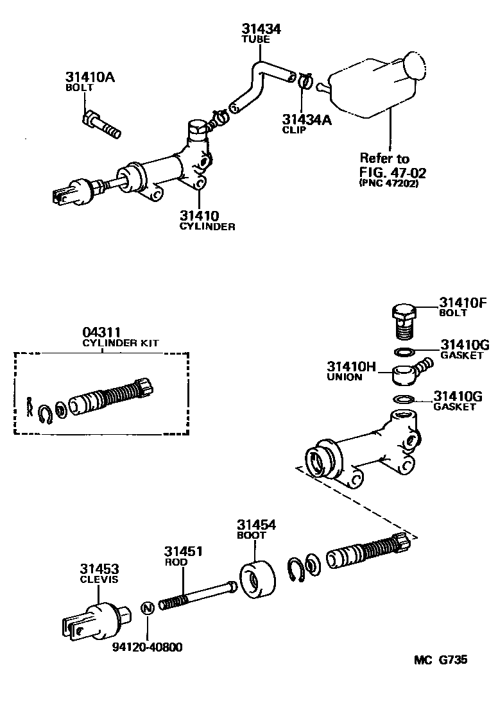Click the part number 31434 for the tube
click(261, 29)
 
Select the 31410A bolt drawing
click(102, 125)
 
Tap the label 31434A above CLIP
click(307, 119)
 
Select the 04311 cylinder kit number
click(101, 332)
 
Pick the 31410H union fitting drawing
click(407, 373)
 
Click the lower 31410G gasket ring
click(404, 400)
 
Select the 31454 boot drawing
click(258, 580)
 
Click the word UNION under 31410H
click(345, 378)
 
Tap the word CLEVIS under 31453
click(99, 580)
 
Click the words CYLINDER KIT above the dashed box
click(121, 343)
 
